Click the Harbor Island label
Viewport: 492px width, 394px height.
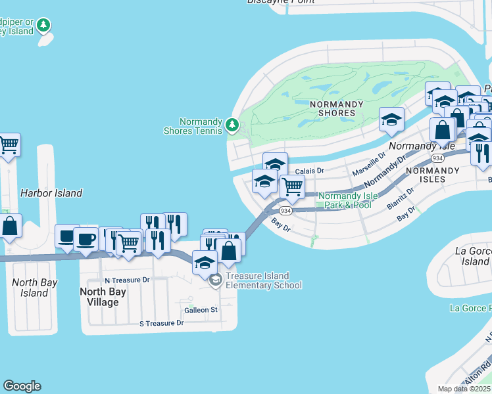51,193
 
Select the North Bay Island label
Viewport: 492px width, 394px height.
34,288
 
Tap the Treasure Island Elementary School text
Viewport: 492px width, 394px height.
263,280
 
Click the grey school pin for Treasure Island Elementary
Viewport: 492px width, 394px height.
216,280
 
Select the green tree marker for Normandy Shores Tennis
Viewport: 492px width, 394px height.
232,124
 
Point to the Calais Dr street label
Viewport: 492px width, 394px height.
310,171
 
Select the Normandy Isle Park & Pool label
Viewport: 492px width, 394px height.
345,200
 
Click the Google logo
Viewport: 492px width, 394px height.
22,386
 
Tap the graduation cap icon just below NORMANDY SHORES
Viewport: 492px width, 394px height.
391,120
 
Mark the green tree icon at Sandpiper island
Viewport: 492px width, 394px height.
43,26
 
